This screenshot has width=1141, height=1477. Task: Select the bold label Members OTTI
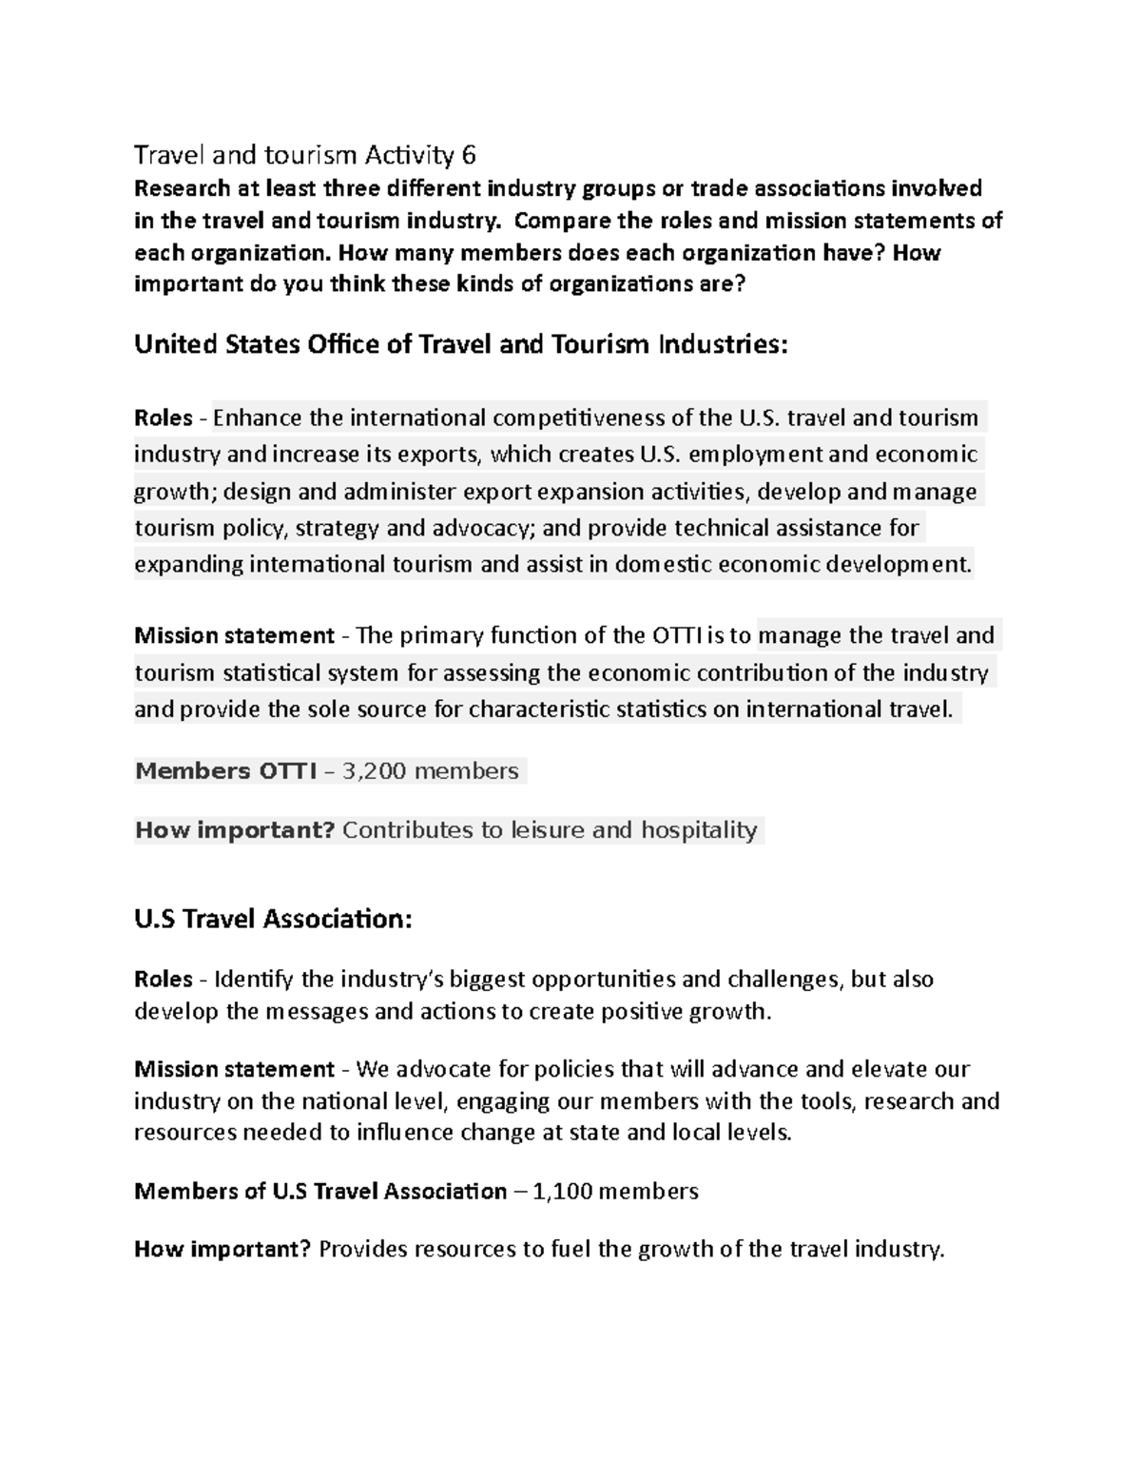click(225, 770)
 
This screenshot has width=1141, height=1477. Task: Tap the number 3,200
click(372, 770)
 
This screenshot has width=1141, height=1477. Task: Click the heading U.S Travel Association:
click(273, 919)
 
